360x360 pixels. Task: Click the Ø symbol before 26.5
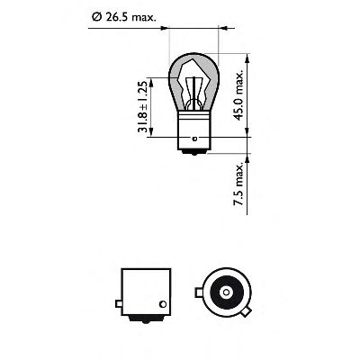point(97,15)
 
